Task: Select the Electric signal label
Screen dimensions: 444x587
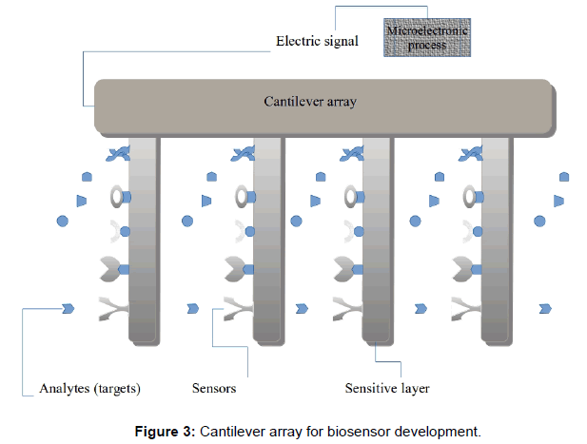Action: [316, 42]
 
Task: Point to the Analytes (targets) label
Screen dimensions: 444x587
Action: [90, 388]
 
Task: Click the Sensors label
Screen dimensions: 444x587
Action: [214, 388]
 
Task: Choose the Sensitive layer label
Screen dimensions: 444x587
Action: [387, 388]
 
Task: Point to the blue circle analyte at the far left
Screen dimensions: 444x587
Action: [63, 221]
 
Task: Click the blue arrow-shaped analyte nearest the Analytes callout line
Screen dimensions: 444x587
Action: [68, 308]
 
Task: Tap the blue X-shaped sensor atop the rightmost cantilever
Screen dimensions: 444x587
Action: [471, 153]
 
